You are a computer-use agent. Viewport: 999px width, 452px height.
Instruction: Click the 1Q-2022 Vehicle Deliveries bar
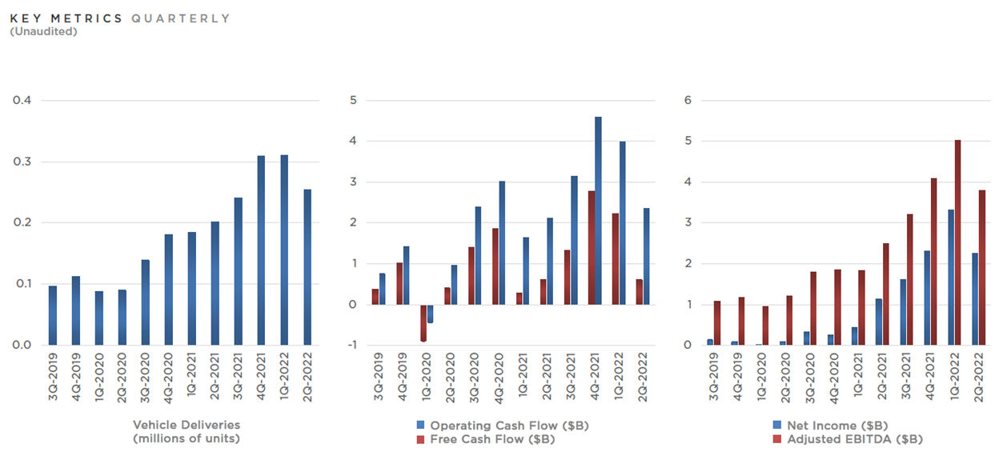(x=284, y=250)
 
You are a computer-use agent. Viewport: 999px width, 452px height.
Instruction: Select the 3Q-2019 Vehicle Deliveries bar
(x=53, y=315)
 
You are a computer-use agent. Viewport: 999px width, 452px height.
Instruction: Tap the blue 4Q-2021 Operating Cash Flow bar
(x=598, y=210)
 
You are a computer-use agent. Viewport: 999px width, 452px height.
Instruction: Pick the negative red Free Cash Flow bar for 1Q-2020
(x=423, y=323)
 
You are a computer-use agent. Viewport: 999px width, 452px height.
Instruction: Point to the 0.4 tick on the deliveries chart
(x=22, y=101)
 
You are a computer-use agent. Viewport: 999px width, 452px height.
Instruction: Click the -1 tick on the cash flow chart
(x=350, y=346)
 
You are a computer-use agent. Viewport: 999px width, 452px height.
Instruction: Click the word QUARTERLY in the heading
(x=181, y=18)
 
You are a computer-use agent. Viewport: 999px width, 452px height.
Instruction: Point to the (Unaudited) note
(x=43, y=31)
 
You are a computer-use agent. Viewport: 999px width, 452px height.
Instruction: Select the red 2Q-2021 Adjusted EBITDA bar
(x=886, y=294)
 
